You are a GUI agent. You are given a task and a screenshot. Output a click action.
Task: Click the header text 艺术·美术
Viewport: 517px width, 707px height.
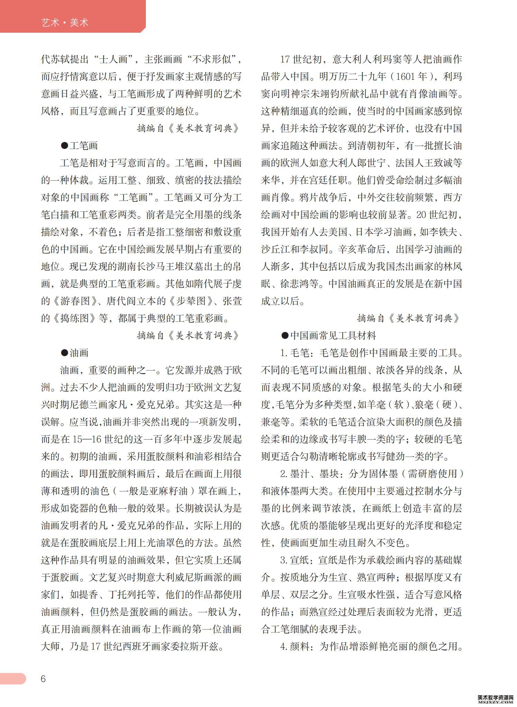(65, 23)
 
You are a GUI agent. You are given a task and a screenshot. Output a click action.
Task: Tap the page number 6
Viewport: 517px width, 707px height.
(43, 679)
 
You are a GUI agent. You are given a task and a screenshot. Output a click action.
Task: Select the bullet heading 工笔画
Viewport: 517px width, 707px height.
(79, 146)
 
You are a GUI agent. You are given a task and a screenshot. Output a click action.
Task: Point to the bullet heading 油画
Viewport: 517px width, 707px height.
(75, 353)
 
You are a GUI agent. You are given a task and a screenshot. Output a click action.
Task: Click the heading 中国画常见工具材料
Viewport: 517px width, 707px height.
(328, 336)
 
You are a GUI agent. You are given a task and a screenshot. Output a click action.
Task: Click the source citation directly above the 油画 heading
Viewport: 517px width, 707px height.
(188, 336)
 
